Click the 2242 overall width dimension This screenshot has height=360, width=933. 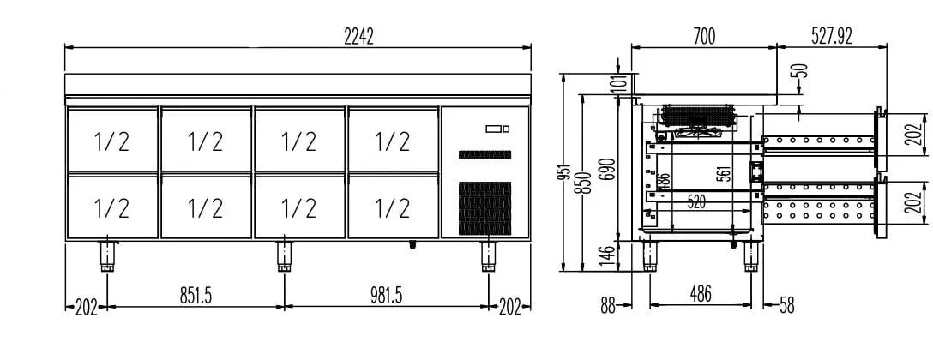coord(359,36)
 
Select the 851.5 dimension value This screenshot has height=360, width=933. coord(196,295)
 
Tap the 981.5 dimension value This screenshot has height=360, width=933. coord(386,295)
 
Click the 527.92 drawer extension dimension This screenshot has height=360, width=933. coord(831,36)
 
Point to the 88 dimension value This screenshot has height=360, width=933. coord(608,305)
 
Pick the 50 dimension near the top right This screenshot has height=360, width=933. coord(802,71)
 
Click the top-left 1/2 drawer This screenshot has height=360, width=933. coord(111,140)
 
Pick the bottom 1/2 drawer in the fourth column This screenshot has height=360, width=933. coord(392,207)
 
